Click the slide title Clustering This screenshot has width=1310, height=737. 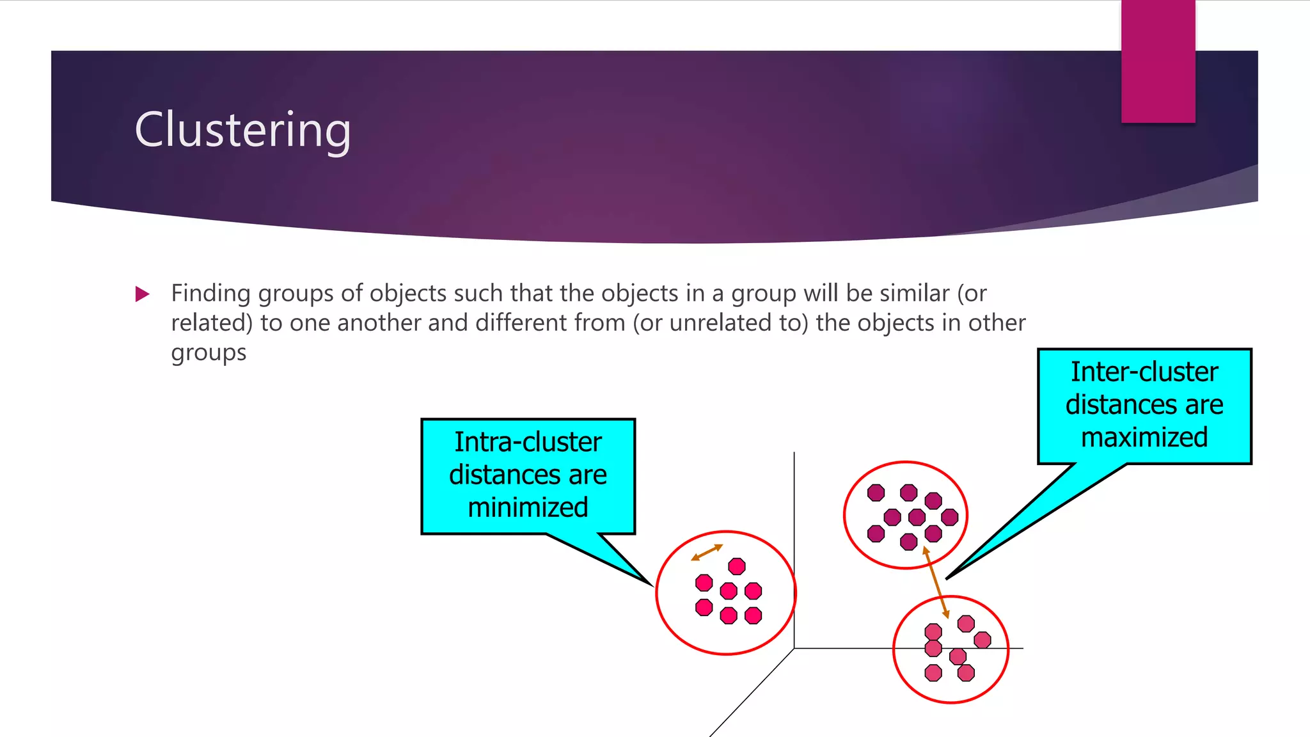click(x=242, y=130)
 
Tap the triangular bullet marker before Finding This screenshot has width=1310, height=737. click(x=142, y=294)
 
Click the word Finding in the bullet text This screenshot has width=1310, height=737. click(x=210, y=294)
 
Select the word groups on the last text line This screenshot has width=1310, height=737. click(x=209, y=353)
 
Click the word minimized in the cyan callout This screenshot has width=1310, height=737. click(x=528, y=507)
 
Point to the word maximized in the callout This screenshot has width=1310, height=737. click(x=1144, y=438)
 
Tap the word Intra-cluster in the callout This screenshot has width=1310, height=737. click(x=528, y=442)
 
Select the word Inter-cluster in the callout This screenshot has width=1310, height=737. click(x=1144, y=372)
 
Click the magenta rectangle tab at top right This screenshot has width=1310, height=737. click(x=1158, y=61)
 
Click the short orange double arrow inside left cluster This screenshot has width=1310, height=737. click(x=707, y=553)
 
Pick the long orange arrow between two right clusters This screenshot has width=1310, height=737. click(x=936, y=582)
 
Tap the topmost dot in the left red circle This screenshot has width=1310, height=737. click(x=737, y=566)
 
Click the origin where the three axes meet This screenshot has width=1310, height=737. click(x=794, y=648)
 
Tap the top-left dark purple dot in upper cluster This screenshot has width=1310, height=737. click(x=876, y=493)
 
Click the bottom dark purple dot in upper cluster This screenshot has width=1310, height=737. click(x=908, y=543)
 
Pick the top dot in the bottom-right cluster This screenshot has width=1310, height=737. click(x=966, y=623)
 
